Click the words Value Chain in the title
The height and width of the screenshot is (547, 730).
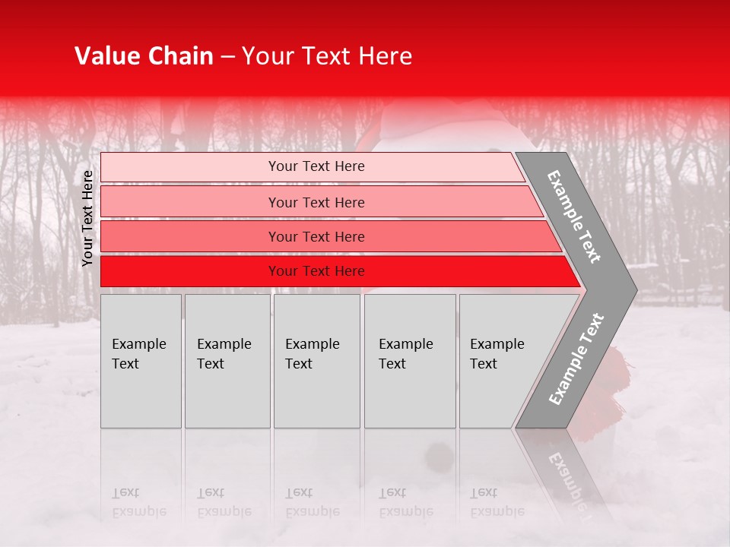pos(144,56)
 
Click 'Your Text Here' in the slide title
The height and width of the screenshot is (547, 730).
pos(327,56)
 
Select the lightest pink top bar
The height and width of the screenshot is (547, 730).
pos(190,167)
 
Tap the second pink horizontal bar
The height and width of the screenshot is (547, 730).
pos(190,202)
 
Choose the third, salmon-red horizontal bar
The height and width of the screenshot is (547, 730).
pos(190,236)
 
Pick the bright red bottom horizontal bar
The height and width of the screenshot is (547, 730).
pos(190,271)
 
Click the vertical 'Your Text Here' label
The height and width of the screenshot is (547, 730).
pos(88,218)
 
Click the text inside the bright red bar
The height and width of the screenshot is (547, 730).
pos(316,271)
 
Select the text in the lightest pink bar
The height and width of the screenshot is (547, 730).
pos(316,166)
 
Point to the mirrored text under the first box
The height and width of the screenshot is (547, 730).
pos(138,502)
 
